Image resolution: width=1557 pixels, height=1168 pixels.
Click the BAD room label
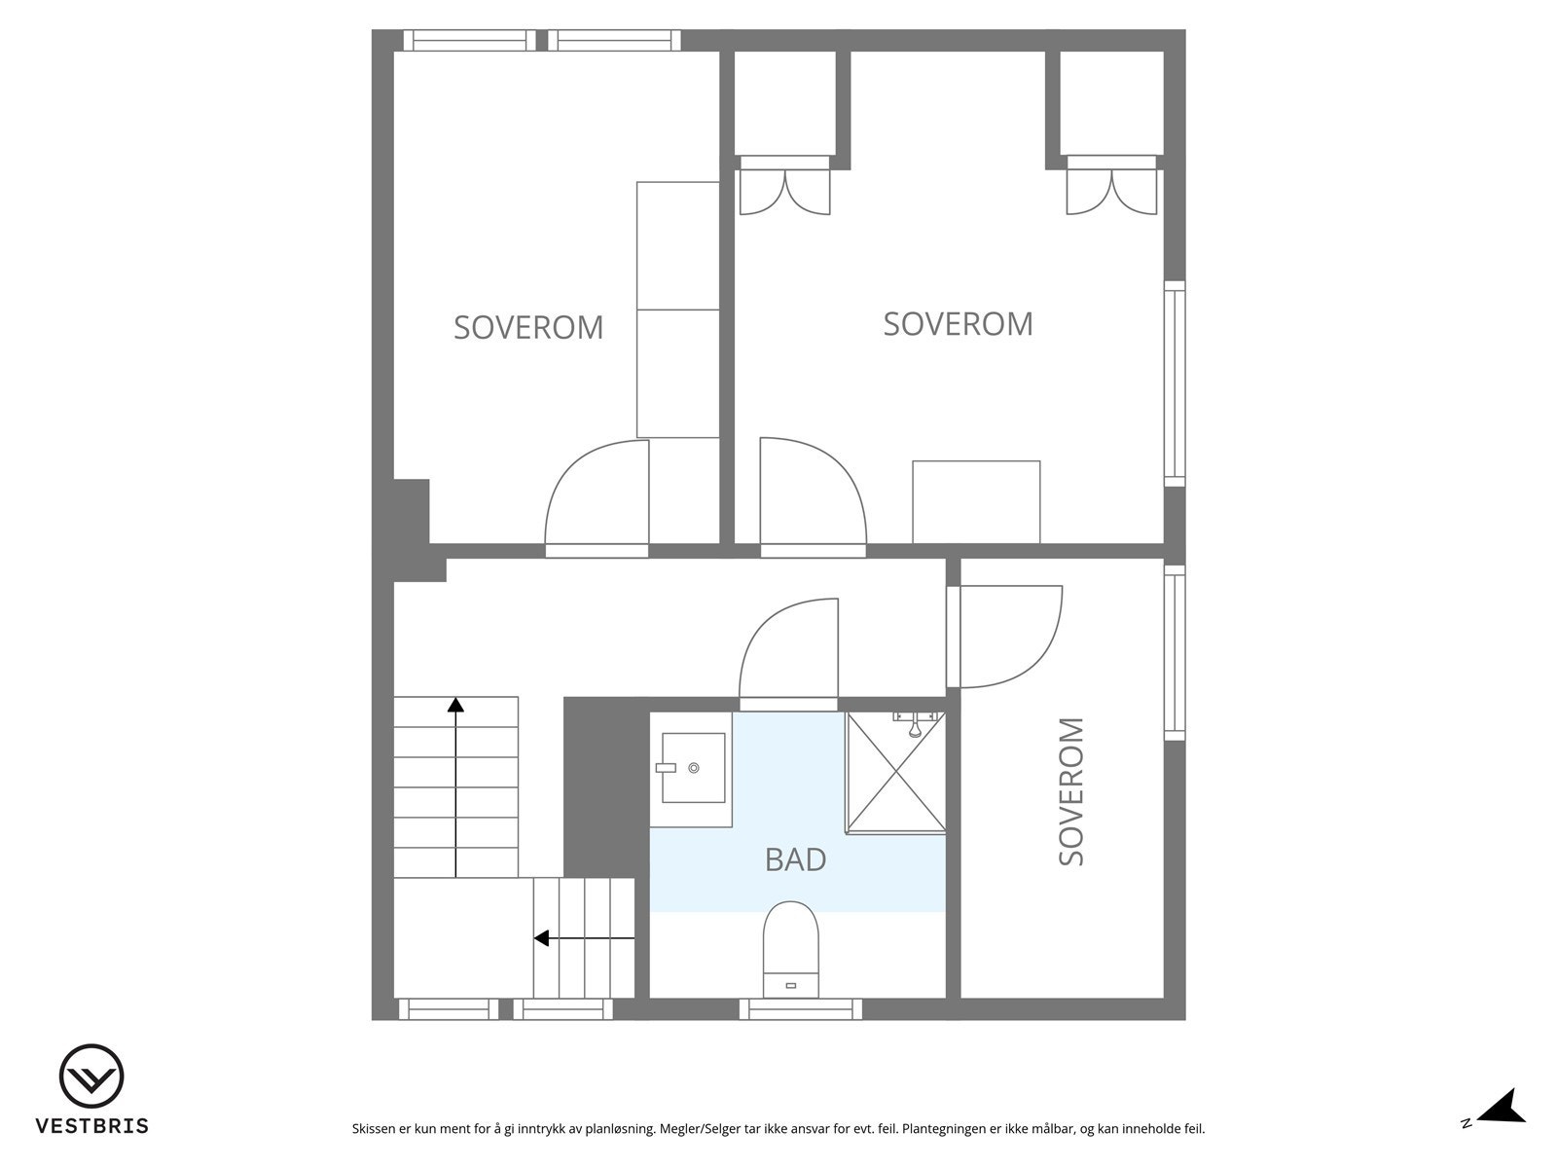click(795, 859)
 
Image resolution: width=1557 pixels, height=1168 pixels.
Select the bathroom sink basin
click(693, 768)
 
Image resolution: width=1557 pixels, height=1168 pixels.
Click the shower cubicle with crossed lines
click(895, 773)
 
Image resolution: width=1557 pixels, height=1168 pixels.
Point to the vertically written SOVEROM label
click(1070, 791)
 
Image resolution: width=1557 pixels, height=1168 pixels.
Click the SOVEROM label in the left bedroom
click(528, 327)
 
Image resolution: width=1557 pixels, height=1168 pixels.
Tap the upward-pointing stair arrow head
click(455, 705)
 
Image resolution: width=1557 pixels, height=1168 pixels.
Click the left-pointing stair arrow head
click(542, 938)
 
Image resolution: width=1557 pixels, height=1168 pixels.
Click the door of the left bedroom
click(596, 496)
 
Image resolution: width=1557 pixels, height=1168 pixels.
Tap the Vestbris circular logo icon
click(91, 1077)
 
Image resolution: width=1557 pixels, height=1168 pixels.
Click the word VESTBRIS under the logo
click(91, 1126)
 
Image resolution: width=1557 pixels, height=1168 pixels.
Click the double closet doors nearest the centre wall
click(784, 192)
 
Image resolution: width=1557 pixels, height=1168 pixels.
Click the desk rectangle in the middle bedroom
click(976, 501)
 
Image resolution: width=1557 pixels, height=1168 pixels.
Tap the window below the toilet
click(800, 1010)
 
